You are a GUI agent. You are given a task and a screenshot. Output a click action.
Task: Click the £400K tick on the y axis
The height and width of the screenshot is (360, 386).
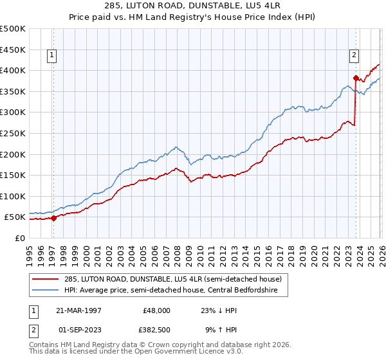13,70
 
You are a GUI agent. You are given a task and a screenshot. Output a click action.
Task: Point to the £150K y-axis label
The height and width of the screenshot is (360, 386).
13,175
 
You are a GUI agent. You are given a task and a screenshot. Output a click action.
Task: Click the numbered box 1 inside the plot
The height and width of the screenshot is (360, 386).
52,56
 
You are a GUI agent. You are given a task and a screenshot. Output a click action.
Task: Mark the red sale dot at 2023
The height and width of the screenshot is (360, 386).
356,78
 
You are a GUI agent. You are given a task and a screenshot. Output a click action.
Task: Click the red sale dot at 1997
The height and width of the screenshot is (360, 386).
54,218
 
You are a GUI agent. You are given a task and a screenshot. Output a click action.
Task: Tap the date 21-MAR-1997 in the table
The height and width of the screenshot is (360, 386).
78,310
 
